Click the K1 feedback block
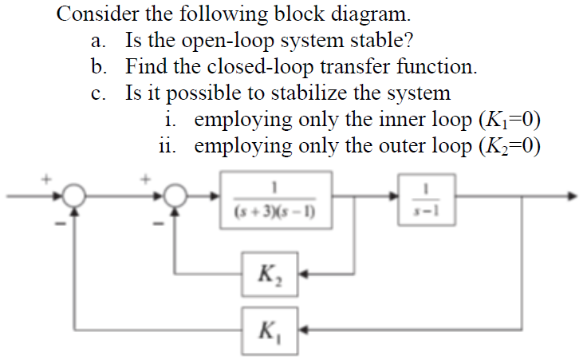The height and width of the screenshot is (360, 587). [x=271, y=329]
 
